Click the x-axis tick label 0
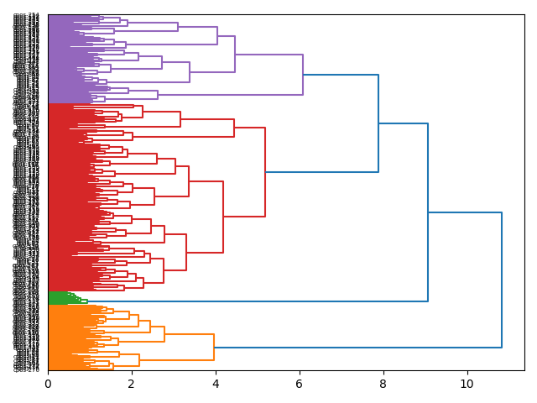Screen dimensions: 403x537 click(48, 384)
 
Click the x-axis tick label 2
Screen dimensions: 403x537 click(132, 384)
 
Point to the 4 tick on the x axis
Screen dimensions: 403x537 click(216, 384)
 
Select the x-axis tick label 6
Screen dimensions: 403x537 click(300, 384)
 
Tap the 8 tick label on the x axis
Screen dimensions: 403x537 click(383, 384)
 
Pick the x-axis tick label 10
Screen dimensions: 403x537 click(467, 384)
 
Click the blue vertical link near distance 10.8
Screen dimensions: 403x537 click(502, 280)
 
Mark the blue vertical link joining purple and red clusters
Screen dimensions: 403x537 click(378, 123)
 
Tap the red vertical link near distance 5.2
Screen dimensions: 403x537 click(265, 172)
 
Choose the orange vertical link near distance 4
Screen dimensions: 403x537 click(214, 348)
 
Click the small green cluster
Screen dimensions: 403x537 click(59, 298)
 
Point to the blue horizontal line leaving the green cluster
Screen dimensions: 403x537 click(252, 301)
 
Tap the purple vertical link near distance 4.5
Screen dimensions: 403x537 click(235, 55)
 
